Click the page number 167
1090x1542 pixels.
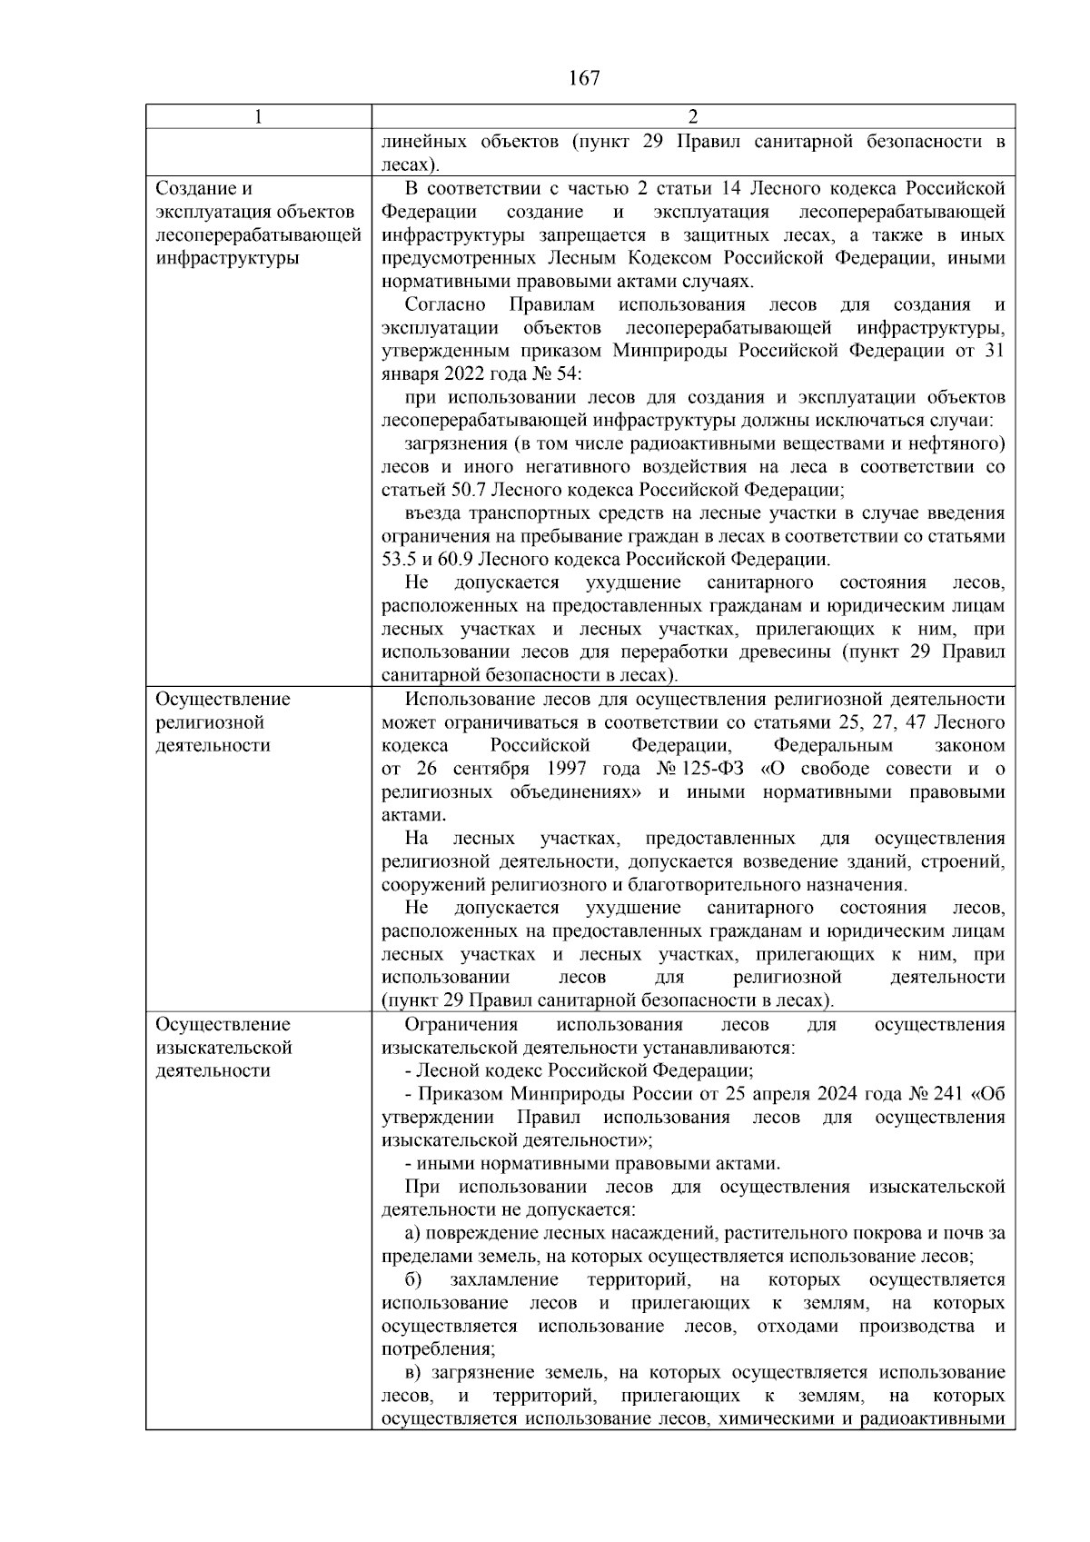pos(584,78)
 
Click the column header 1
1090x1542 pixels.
pos(259,117)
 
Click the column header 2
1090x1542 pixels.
pos(693,117)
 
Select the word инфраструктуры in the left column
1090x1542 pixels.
pos(227,258)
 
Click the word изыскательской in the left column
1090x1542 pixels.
pos(223,1048)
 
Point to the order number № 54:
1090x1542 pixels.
pos(557,374)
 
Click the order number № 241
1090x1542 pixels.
pos(940,1094)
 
